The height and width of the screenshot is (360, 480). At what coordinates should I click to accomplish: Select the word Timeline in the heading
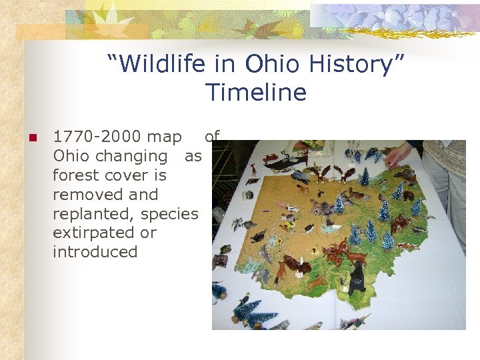(x=256, y=93)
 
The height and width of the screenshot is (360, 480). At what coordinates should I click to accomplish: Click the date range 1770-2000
(x=97, y=137)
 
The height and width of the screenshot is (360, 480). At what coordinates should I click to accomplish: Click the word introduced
(x=95, y=252)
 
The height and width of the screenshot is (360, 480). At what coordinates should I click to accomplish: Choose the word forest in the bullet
(x=75, y=175)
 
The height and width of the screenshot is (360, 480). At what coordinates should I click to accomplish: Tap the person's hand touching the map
(x=399, y=155)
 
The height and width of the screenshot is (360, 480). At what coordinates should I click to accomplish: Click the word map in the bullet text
(x=164, y=137)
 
